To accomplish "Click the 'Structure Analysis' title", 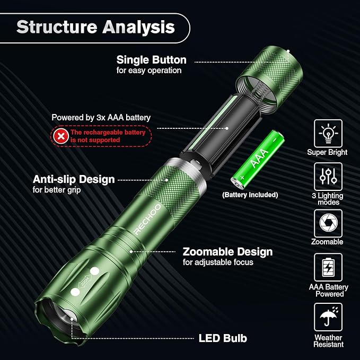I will tap(95, 27).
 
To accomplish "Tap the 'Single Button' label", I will tap(151, 60).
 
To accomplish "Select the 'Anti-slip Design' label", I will tap(74, 179).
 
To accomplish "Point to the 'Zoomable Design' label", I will tap(227, 252).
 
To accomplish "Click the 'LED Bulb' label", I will tap(223, 338).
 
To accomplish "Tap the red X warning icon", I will tap(62, 136).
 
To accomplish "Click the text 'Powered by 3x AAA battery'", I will tap(101, 117).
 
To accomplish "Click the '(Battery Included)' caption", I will tap(250, 195).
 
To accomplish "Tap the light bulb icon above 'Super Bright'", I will tap(328, 133).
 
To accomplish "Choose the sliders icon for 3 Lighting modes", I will tap(328, 177).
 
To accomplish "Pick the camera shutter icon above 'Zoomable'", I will tap(328, 223).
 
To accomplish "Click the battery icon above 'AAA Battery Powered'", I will tap(328, 267).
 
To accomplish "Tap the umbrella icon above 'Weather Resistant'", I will tap(328, 317).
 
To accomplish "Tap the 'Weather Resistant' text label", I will tap(328, 341).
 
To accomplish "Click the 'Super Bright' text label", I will tap(328, 152).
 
